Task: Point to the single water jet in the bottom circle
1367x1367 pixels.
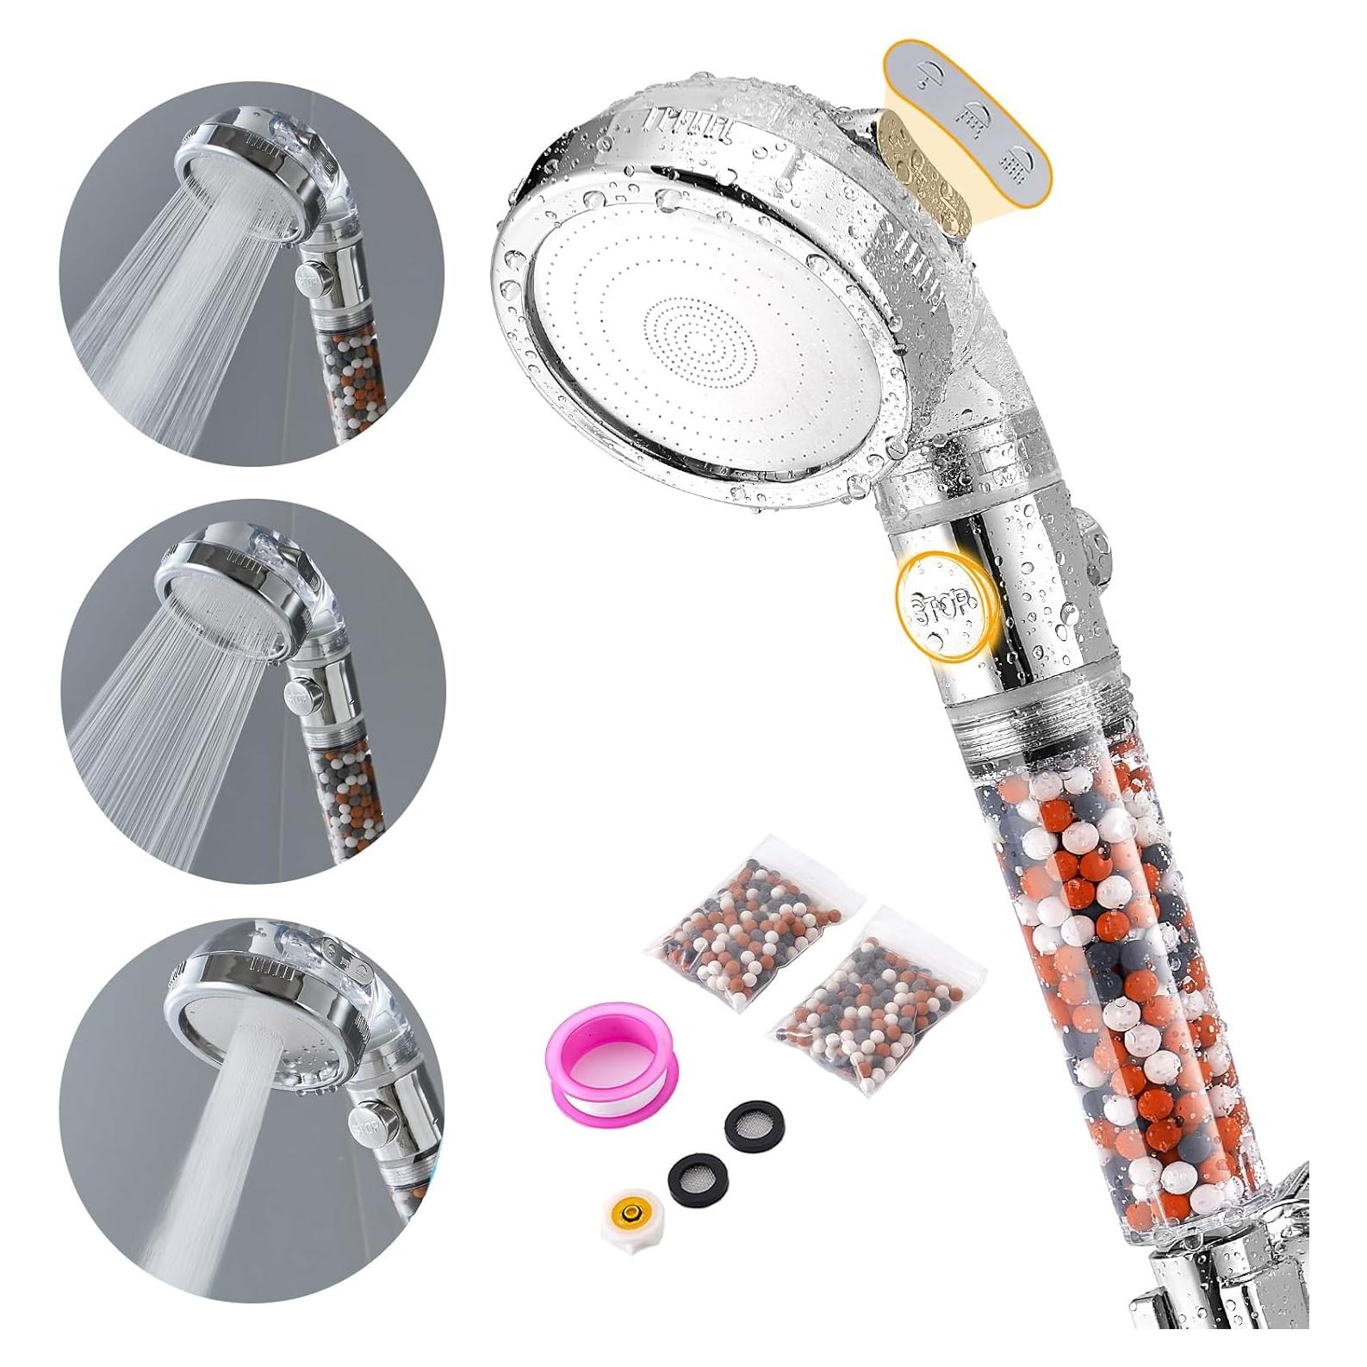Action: point(215,1197)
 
